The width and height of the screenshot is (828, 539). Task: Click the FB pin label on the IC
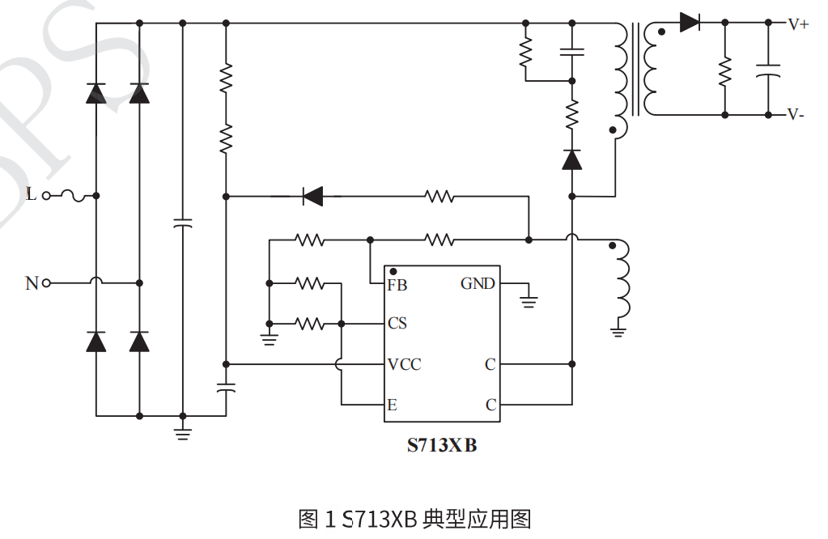click(397, 285)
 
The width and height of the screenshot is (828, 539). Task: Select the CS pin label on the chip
click(397, 324)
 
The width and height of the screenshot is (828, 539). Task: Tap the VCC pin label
click(404, 364)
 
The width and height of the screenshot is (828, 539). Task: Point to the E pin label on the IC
click(393, 405)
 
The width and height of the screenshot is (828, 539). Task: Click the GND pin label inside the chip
click(478, 284)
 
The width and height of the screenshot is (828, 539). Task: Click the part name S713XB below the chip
click(441, 445)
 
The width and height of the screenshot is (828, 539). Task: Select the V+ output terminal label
click(798, 24)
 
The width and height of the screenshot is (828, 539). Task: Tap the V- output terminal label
click(796, 115)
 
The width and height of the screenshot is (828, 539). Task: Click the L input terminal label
click(31, 195)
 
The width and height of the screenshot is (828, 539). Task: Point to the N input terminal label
click(32, 283)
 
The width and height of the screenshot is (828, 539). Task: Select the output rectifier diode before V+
click(690, 23)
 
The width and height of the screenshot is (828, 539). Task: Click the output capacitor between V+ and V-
click(767, 70)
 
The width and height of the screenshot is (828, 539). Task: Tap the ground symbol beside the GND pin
click(529, 302)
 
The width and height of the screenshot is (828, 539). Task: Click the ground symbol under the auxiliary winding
click(620, 329)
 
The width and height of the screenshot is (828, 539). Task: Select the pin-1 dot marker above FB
click(393, 271)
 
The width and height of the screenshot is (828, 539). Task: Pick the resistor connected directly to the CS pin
click(309, 324)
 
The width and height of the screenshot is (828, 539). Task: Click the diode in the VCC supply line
click(312, 196)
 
